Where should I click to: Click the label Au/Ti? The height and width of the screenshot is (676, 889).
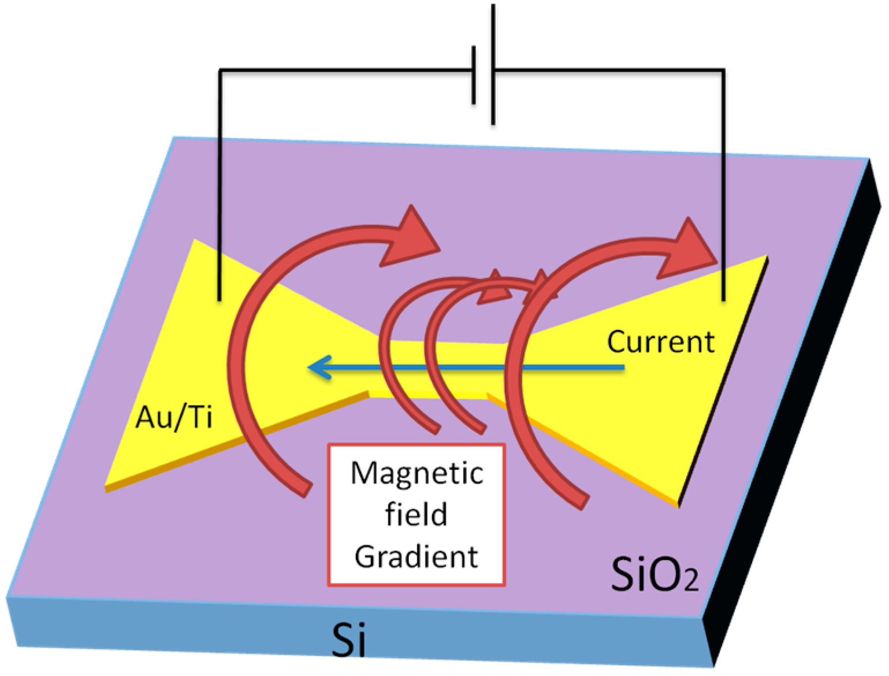pyautogui.click(x=174, y=417)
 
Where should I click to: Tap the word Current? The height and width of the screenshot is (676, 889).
pyautogui.click(x=660, y=341)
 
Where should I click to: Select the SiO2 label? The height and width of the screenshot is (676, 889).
pyautogui.click(x=654, y=574)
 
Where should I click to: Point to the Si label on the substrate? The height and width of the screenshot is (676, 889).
pyautogui.click(x=348, y=639)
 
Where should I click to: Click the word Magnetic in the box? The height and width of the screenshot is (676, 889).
pyautogui.click(x=416, y=474)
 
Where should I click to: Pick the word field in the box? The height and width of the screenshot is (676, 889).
pyautogui.click(x=416, y=514)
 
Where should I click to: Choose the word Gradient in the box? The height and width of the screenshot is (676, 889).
pyautogui.click(x=416, y=556)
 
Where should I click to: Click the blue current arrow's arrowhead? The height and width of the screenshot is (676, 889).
pyautogui.click(x=319, y=367)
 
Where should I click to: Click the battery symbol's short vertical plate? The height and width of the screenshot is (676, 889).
pyautogui.click(x=474, y=75)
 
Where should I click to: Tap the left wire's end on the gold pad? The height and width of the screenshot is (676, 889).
pyautogui.click(x=219, y=299)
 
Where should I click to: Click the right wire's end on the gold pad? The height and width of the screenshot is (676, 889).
pyautogui.click(x=723, y=299)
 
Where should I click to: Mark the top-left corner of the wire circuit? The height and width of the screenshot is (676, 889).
pyautogui.click(x=220, y=70)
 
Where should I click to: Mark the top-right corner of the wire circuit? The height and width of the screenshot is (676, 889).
pyautogui.click(x=723, y=70)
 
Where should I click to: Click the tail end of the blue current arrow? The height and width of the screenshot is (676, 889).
pyautogui.click(x=623, y=367)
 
